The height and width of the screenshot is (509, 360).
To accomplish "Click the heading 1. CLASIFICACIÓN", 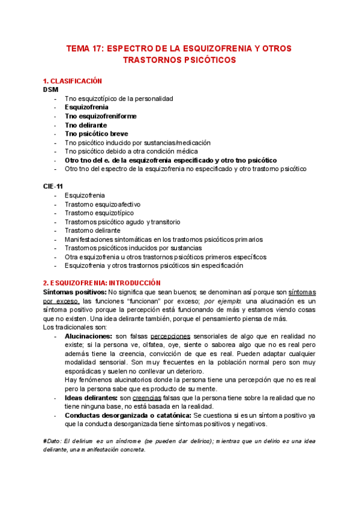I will tap(73, 81).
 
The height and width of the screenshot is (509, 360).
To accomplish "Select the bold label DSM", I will tap(51, 89).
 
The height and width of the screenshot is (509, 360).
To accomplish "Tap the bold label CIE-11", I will tap(53, 187).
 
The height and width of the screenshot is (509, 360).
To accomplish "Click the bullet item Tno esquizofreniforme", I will tap(101, 116).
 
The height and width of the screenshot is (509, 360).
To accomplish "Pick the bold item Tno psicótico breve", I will tap(97, 134).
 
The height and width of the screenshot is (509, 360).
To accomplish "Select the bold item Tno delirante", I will tap(86, 125).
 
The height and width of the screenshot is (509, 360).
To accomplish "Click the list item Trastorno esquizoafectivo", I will tap(99, 204).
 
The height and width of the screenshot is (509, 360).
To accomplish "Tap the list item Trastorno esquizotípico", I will tap(99, 213).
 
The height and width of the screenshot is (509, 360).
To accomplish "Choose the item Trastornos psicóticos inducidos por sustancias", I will tap(133, 248).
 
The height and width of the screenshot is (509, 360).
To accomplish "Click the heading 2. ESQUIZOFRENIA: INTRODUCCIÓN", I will tap(102, 283).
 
